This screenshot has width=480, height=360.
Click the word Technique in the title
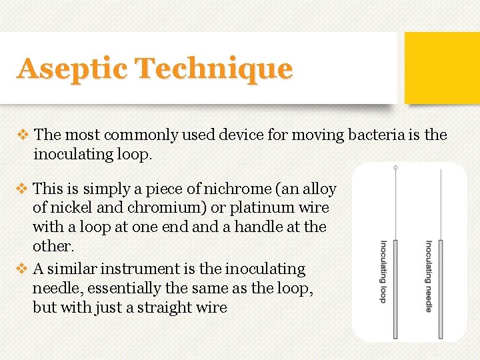coord(213,69)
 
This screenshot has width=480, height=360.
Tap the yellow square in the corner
coord(442,67)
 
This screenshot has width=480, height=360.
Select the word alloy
coord(319,188)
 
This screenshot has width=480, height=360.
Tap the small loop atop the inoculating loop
coord(395,168)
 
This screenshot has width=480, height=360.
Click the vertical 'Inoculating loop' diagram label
coord(383,271)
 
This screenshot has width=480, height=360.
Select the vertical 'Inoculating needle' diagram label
coord(428,275)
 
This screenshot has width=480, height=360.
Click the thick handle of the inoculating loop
coord(395,287)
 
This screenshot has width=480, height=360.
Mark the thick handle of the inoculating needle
coord(440,287)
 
